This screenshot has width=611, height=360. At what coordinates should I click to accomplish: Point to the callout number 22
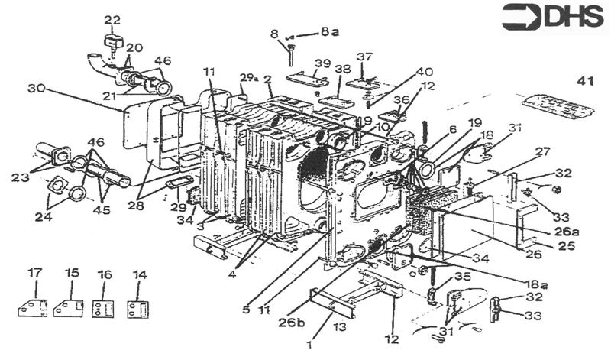click(112, 18)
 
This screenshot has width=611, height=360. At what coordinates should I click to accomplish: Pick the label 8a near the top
click(329, 32)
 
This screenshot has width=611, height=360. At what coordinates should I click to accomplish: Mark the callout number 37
click(364, 56)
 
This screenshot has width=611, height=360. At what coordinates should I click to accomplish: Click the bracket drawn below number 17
click(33, 306)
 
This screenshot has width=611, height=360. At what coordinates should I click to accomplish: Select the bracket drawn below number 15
click(70, 306)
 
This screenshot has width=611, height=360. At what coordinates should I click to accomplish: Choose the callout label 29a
click(246, 79)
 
